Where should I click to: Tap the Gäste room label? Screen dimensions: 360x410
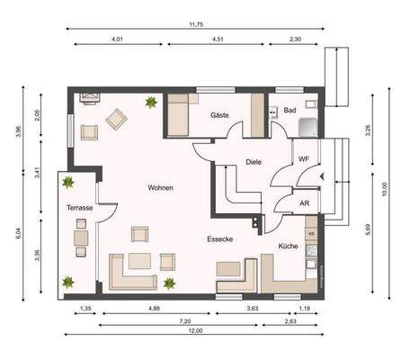218,116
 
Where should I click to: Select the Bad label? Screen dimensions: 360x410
290,111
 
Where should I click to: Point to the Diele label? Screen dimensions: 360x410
253,162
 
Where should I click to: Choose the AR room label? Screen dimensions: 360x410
304,203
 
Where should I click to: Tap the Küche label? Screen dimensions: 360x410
288,245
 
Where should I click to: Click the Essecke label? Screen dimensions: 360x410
220,240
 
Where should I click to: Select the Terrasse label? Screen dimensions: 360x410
79,208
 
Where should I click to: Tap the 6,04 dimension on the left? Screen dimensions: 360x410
17,232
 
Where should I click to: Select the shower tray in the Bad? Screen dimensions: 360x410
308,127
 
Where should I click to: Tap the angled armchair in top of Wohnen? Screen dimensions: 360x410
118,118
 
